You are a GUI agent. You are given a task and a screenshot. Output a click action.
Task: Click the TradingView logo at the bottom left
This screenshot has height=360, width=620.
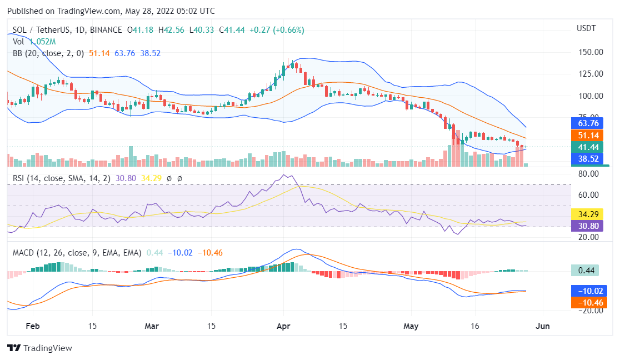(x=39, y=348)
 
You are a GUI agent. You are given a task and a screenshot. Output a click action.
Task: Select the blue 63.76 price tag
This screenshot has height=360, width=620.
(x=589, y=123)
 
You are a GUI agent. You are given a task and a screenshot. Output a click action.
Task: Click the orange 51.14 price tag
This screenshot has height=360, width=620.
(x=589, y=135)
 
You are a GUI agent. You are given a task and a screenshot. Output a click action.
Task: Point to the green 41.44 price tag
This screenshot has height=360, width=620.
(x=589, y=147)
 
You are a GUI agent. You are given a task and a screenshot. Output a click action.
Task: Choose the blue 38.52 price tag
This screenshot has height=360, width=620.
(x=589, y=158)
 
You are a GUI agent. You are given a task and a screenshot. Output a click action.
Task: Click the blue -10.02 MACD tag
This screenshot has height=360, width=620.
(x=589, y=291)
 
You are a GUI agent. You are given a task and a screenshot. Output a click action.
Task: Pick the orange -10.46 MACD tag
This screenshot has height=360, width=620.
(x=589, y=302)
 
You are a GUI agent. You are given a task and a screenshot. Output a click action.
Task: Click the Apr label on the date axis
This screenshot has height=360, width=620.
(x=284, y=326)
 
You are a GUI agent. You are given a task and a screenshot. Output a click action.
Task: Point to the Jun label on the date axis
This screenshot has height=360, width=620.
(x=542, y=326)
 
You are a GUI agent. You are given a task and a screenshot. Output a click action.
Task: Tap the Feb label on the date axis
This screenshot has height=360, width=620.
(x=33, y=326)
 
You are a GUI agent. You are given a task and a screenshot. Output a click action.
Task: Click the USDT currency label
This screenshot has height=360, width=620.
(x=586, y=28)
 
